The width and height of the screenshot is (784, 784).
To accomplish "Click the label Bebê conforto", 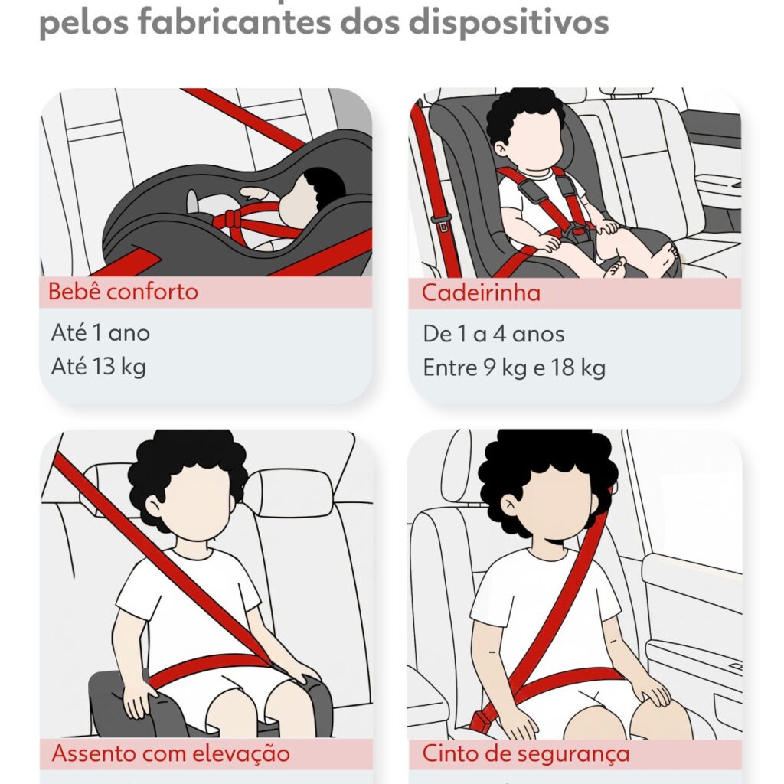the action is click(x=123, y=292).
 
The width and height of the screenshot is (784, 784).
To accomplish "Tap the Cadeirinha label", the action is click(x=481, y=292).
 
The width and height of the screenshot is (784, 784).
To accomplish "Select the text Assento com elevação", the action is click(x=171, y=753).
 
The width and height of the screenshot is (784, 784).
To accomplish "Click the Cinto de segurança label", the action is click(x=525, y=753).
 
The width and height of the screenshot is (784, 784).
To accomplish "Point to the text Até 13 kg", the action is click(x=99, y=367).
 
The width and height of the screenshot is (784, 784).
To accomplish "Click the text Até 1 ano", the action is click(x=100, y=333).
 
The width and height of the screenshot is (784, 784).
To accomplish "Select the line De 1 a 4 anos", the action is click(x=494, y=334).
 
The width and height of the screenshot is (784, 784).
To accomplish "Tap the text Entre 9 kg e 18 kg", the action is click(x=514, y=368).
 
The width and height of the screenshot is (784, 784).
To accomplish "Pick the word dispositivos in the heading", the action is click(x=508, y=22).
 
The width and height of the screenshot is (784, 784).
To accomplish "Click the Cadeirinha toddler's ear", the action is click(x=500, y=148).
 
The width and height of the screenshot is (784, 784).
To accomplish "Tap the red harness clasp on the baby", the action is click(x=231, y=219).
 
